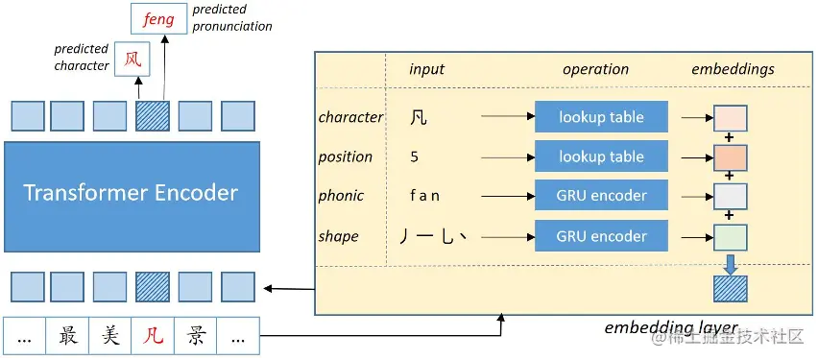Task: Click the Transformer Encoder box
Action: point(130,193)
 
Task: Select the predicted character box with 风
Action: point(132,59)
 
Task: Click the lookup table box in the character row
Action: point(601,117)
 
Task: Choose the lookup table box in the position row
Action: point(601,156)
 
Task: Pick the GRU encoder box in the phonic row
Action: point(601,196)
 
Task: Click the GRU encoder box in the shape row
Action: point(601,236)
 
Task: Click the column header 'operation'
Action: point(595,69)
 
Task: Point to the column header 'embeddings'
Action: point(733,69)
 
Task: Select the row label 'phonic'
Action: point(341,196)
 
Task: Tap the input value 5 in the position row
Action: point(414,156)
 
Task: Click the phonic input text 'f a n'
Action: point(423,196)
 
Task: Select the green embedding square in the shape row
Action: point(730,236)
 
